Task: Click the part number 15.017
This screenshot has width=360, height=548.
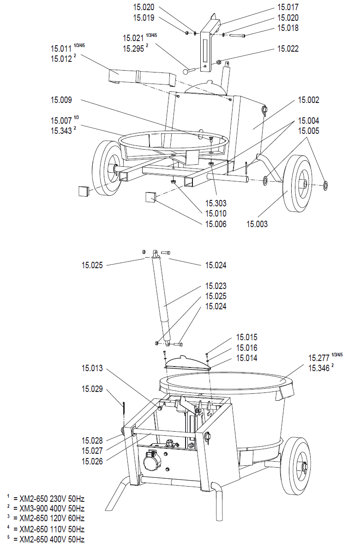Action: tap(288, 7)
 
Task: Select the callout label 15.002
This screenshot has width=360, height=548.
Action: tap(309, 100)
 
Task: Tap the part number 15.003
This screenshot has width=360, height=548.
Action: tap(257, 224)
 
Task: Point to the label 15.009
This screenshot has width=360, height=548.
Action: tap(61, 100)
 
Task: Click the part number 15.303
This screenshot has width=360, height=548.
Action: tap(216, 204)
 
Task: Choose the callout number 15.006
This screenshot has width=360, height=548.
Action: tap(216, 224)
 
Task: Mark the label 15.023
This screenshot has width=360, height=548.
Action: tap(216, 286)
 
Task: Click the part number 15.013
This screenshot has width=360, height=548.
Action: tap(92, 368)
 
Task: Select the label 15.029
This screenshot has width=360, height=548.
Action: tap(92, 389)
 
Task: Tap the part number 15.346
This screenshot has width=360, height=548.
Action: tap(319, 368)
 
